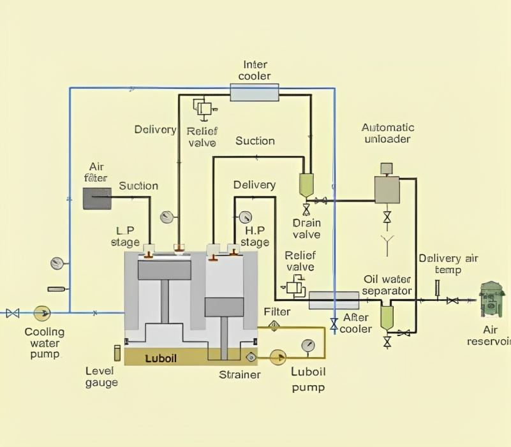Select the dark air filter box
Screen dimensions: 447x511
tap(97, 198)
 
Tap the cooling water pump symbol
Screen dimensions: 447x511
tap(43, 312)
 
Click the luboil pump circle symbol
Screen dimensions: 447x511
tap(278, 357)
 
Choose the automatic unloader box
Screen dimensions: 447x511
tap(387, 189)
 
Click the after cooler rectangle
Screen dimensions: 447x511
tap(334, 300)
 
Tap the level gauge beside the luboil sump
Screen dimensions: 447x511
tap(117, 352)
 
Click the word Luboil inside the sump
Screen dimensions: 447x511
tap(161, 358)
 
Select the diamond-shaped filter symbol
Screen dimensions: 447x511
tap(274, 326)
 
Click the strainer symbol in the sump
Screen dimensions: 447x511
tap(251, 357)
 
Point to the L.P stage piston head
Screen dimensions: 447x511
tap(165, 270)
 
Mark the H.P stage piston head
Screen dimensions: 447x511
tap(224, 306)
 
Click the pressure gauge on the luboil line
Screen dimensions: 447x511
tap(309, 346)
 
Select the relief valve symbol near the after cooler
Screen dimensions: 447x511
tap(295, 286)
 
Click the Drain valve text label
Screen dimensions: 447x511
tap(306, 229)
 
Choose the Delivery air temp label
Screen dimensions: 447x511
tap(448, 264)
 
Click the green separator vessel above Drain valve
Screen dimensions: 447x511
tap(306, 185)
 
